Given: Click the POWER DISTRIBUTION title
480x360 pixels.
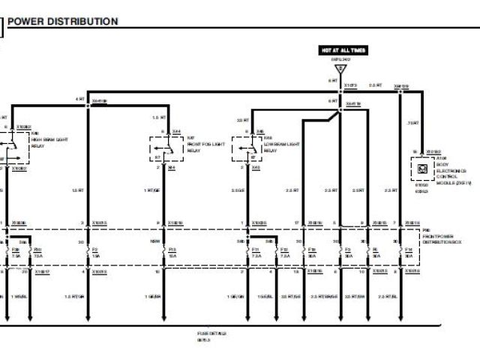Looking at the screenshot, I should click(x=63, y=22).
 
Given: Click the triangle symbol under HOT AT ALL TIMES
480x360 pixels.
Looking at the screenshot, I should click(x=340, y=69).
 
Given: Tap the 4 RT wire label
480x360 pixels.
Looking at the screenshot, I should click(x=79, y=99).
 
